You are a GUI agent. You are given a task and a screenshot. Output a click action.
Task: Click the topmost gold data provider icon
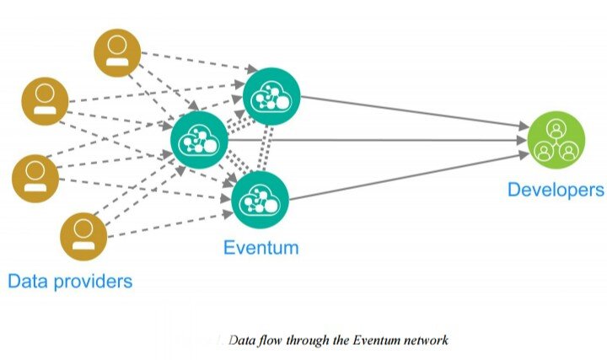pyautogui.click(x=116, y=53)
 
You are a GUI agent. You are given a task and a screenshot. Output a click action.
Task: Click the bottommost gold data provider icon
pyautogui.click(x=84, y=235)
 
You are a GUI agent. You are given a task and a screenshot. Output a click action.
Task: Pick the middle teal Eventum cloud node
pyautogui.click(x=200, y=139)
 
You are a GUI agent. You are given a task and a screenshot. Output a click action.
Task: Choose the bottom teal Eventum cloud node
pyautogui.click(x=260, y=196)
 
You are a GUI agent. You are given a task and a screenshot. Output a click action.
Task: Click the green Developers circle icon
pyautogui.click(x=556, y=139)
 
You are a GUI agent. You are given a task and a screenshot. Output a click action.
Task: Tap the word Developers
pyautogui.click(x=555, y=190)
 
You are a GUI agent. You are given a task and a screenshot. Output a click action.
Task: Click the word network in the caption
pyautogui.click(x=426, y=341)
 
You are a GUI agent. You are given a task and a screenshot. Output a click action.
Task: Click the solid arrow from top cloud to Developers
pyautogui.click(x=413, y=113)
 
